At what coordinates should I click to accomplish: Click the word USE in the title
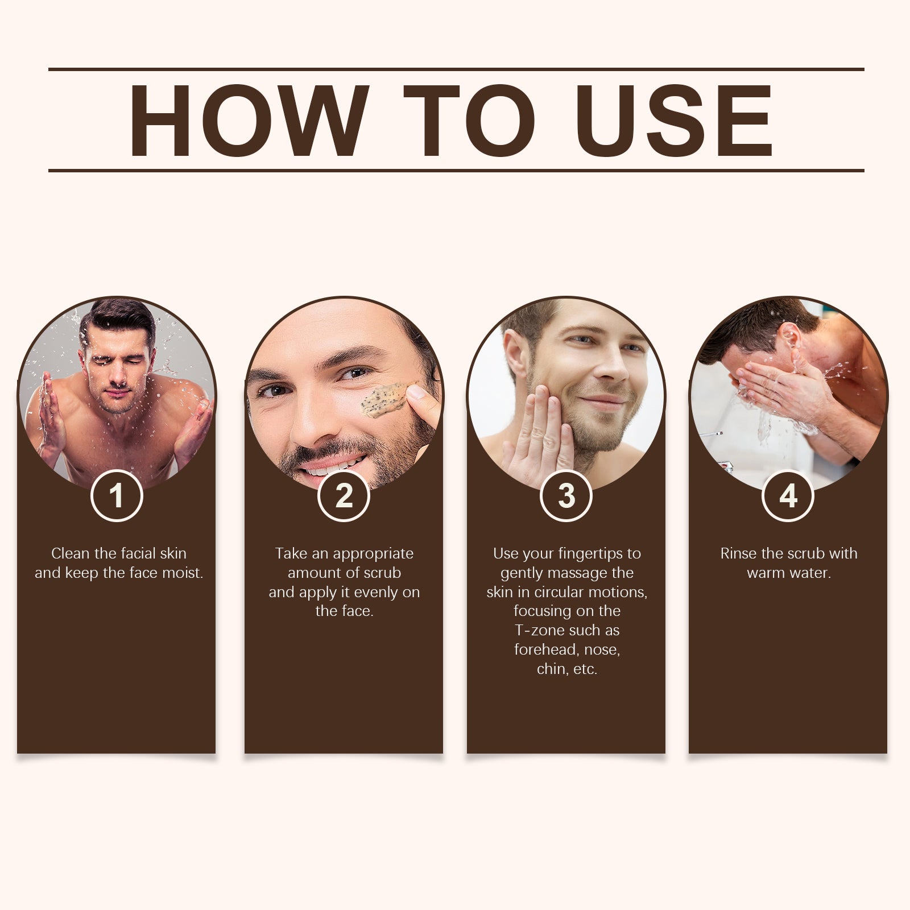pyautogui.click(x=675, y=120)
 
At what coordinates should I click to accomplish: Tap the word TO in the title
pyautogui.click(x=470, y=120)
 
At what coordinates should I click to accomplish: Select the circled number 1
pyautogui.click(x=117, y=495)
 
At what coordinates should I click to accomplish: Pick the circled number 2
pyautogui.click(x=344, y=495)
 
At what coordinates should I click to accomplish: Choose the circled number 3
pyautogui.click(x=566, y=495)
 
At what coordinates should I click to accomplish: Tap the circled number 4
pyautogui.click(x=788, y=495)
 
